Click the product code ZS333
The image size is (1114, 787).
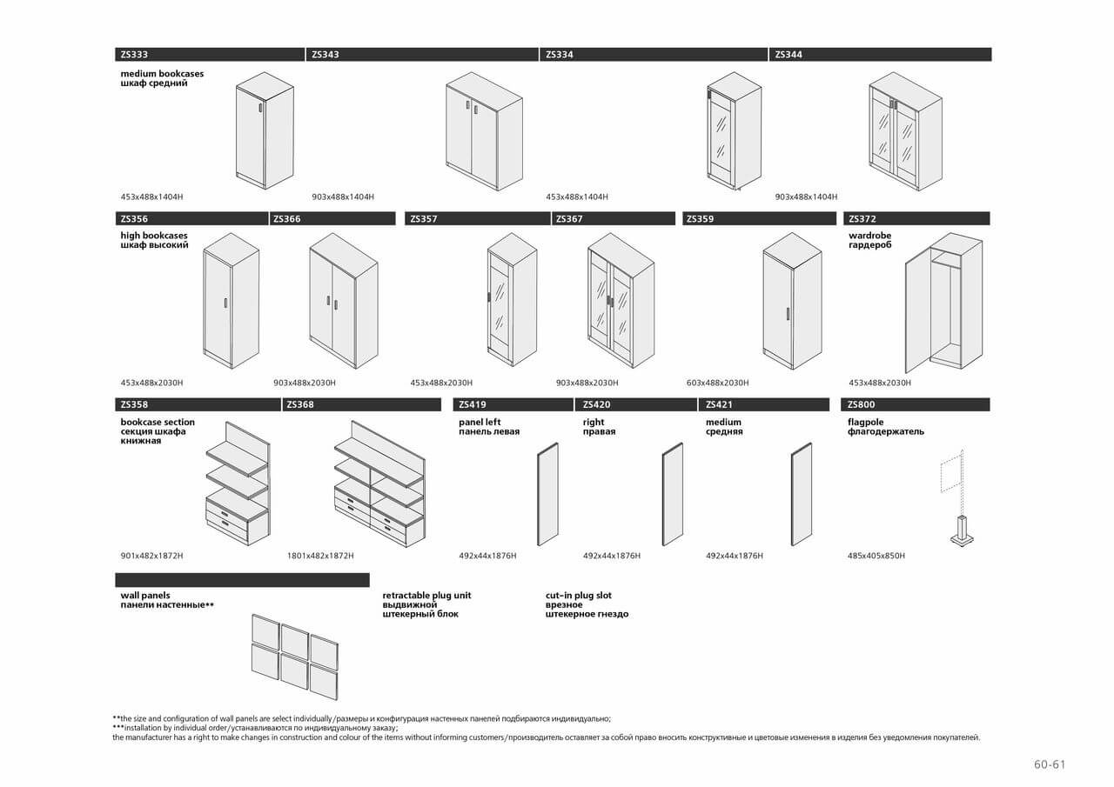pos(134,55)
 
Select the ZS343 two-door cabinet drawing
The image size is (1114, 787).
pos(484,130)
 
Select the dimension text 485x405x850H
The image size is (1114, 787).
pos(876,556)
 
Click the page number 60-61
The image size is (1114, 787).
pos(1049,765)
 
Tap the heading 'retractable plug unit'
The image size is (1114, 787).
pos(426,596)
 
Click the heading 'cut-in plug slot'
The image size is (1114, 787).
pos(579,596)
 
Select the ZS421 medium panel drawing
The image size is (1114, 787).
pos(801,494)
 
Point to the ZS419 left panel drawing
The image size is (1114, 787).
pos(547,494)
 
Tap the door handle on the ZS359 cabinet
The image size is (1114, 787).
pos(788,313)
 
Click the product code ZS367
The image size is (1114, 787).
pos(569,219)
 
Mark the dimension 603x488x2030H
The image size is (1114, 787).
pos(717,383)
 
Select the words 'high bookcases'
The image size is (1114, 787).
pos(154,236)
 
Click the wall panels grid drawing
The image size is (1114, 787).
pos(294,657)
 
